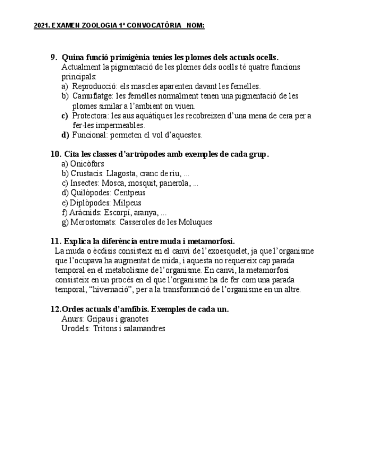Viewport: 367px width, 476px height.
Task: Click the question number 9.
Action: coord(54,57)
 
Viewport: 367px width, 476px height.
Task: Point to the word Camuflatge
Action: coord(92,96)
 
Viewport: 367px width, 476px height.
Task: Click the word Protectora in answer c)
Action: coord(90,116)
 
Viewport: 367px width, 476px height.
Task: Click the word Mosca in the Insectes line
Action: coord(112,183)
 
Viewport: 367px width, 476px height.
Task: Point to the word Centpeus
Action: coord(129,193)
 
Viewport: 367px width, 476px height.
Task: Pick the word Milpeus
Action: coord(127,203)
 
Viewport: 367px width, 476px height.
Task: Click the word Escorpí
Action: coord(117,212)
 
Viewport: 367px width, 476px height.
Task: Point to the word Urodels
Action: coord(75,328)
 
